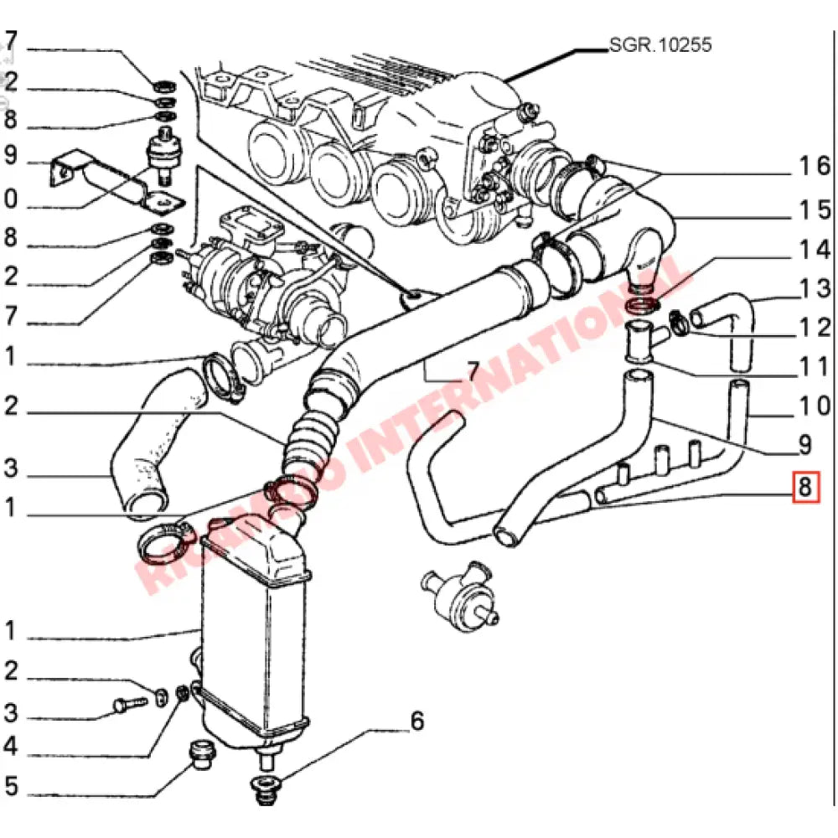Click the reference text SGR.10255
660,45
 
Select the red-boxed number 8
805,487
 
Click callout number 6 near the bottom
416,722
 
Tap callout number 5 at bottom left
10,788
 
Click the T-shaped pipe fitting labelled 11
642,343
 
